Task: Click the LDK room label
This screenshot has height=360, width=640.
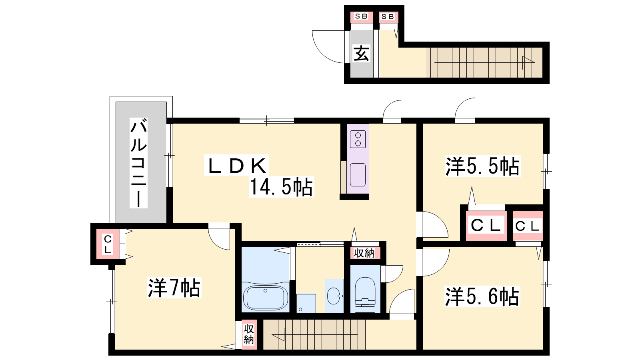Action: pos(237,166)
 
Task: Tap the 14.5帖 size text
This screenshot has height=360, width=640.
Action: pos(282,187)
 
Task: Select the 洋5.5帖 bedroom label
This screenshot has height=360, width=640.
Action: pos(482,166)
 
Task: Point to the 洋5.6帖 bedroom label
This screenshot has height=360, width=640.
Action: pos(482,296)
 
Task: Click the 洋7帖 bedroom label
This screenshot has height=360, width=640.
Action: pos(174,288)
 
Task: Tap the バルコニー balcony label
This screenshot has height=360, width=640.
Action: pos(138,162)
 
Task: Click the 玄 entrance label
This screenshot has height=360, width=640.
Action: pos(362,54)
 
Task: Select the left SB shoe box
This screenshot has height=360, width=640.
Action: pos(362,17)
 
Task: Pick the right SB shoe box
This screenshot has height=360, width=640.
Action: pos(388,17)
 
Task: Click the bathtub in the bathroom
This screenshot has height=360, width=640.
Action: pos(266,298)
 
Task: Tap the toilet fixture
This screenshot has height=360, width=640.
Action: pos(365,294)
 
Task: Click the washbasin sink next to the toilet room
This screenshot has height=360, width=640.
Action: pos(334,296)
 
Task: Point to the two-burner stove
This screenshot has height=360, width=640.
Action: pos(358,139)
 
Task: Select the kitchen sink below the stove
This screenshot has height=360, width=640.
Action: pos(358,175)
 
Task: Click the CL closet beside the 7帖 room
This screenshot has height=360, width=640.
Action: pos(108,244)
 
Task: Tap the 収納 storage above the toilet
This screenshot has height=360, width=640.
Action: pos(364,253)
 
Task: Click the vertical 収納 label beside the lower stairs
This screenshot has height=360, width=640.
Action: pos(249,334)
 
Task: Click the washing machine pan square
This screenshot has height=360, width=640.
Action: pos(306,304)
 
